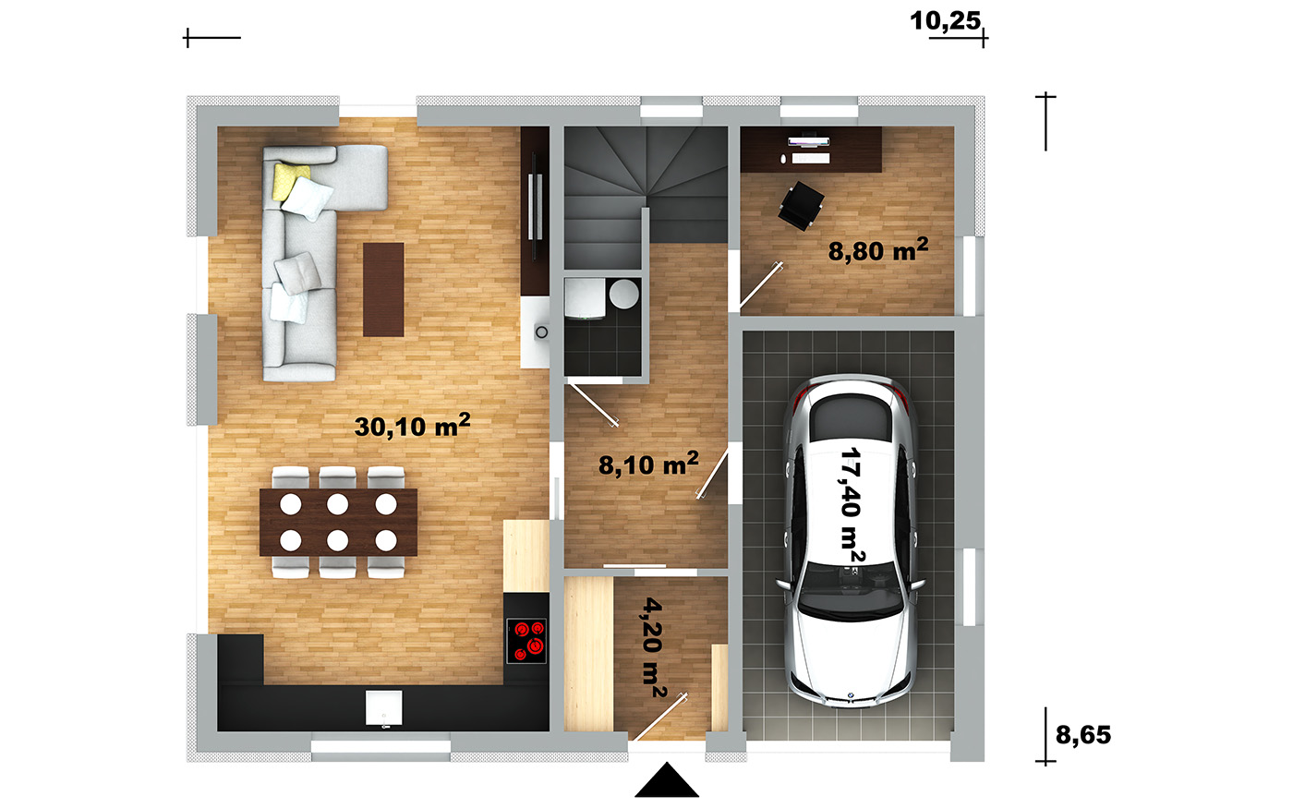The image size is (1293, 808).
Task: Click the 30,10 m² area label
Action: click(412, 426)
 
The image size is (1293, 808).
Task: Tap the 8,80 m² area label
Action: click(878, 250)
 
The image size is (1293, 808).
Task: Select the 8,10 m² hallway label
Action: click(648, 464)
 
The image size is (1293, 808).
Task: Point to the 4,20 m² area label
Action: click(654, 647)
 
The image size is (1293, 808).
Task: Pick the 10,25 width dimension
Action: click(945, 20)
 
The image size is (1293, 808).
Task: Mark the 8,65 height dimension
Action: click(1082, 735)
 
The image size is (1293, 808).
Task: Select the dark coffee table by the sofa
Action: click(383, 289)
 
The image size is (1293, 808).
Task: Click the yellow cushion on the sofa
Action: click(290, 181)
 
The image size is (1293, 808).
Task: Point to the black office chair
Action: click(801, 205)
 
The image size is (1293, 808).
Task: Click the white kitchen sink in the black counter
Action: click(384, 707)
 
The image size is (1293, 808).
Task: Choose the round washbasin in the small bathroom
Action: click(624, 294)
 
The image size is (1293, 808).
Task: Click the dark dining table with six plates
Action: click(338, 523)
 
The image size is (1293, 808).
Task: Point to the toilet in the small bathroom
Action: click(585, 298)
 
